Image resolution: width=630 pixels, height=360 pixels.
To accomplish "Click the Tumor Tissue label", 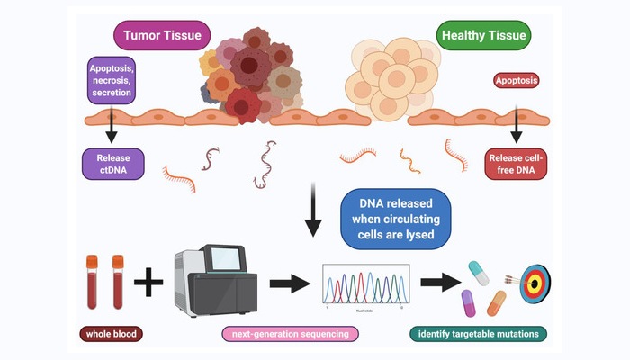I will tap(163, 37).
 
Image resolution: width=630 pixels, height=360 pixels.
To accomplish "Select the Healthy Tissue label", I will tap(482, 37).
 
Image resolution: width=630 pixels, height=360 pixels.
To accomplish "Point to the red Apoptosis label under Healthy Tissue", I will tap(516, 81).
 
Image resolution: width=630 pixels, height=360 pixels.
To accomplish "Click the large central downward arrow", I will tap(311, 211).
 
